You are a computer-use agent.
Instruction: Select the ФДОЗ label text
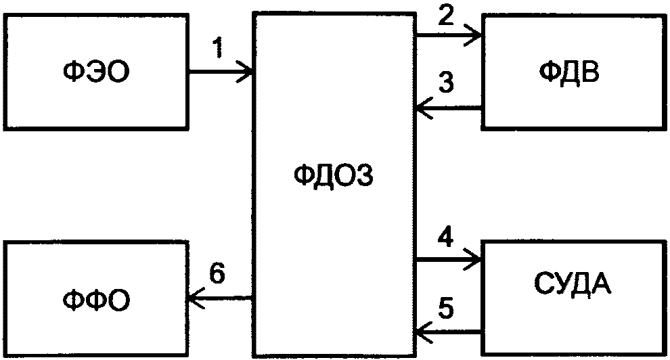coord(334,175)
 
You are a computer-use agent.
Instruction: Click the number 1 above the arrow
coord(218,47)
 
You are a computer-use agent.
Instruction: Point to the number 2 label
coord(446,16)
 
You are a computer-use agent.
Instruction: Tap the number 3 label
coord(446,82)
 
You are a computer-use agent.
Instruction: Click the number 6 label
coord(217,273)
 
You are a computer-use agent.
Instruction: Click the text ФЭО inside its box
coord(95,72)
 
